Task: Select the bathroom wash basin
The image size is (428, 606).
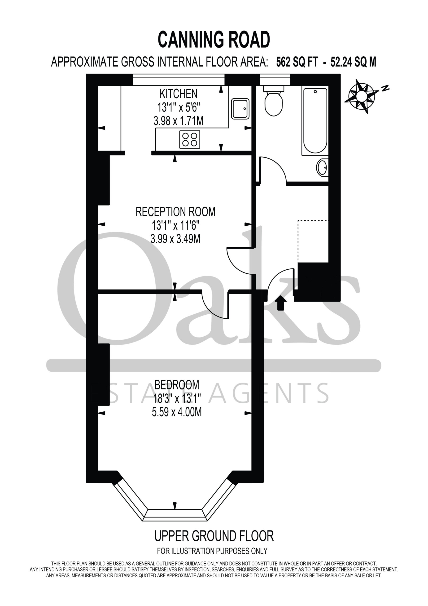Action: click(x=322, y=167)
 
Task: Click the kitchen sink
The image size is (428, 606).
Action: click(x=240, y=109)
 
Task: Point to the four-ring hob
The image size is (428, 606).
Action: click(x=190, y=139)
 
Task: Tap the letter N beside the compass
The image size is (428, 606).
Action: click(x=385, y=88)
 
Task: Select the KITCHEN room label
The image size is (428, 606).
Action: click(x=179, y=94)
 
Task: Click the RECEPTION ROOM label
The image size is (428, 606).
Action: click(x=175, y=212)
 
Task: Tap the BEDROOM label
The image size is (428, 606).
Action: click(x=177, y=385)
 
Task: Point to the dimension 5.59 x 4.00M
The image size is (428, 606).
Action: click(x=177, y=412)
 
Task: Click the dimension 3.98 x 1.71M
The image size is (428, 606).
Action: click(x=179, y=121)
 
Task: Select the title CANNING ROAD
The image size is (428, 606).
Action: click(x=214, y=40)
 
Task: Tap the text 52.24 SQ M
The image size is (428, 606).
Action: click(x=353, y=62)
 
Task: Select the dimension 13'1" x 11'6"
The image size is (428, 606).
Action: click(x=175, y=226)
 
